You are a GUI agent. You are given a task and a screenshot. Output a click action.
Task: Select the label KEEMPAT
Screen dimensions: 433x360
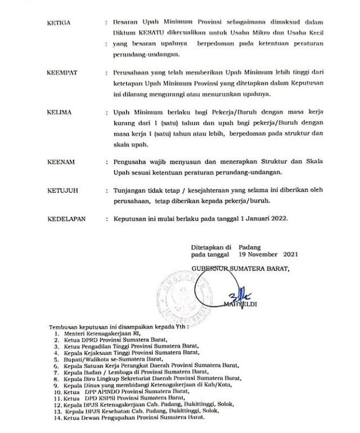(x=61, y=73)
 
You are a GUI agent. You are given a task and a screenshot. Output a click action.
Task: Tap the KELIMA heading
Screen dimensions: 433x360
(x=59, y=113)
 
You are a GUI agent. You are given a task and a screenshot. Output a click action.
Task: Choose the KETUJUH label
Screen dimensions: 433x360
(x=61, y=191)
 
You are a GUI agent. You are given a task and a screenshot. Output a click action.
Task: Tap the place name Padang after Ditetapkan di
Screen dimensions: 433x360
(x=249, y=246)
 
